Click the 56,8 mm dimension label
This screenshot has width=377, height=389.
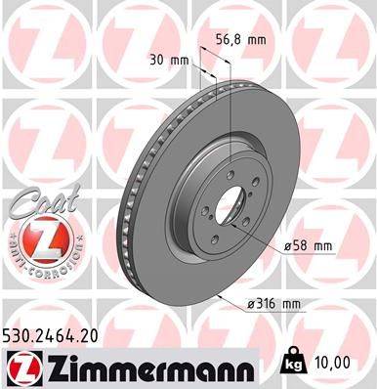click(239, 41)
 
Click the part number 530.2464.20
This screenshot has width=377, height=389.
click(57, 335)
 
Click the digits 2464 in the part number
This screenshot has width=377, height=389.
click(56, 335)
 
